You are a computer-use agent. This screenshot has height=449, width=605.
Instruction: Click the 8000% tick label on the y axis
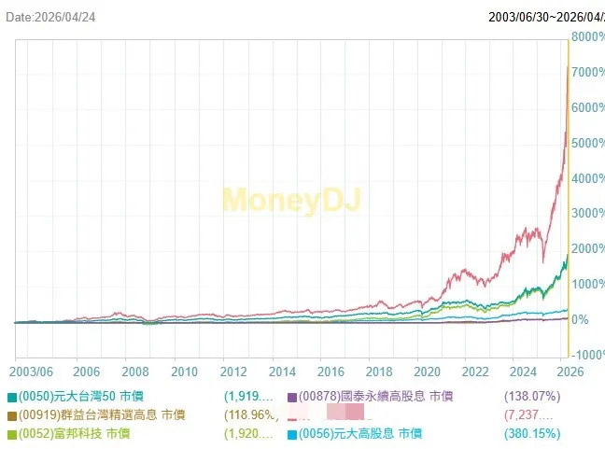pos(588,36)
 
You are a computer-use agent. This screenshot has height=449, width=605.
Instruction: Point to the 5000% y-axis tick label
pos(588,143)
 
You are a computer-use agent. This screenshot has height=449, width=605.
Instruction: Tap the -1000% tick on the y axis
pos(588,355)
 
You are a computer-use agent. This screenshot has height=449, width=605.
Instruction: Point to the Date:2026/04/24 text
pos(53,16)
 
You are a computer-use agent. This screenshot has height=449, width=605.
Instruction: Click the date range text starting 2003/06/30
pos(546,16)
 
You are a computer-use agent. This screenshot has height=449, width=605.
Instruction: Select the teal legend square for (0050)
pos(10,397)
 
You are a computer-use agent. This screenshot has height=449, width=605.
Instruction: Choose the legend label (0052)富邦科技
pos(74,434)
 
